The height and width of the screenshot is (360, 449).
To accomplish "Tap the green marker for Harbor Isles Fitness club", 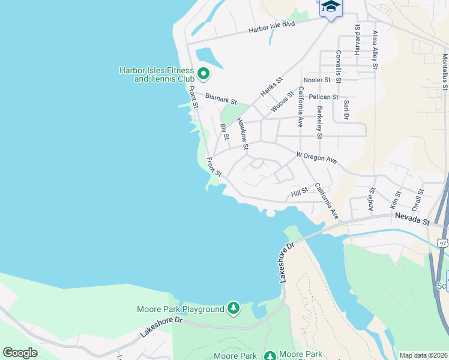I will [x=203, y=74].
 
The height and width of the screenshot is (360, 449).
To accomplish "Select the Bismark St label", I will [x=221, y=98].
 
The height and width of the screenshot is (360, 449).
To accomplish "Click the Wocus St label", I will [x=283, y=100].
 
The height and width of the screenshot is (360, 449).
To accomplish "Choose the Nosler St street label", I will [x=317, y=80].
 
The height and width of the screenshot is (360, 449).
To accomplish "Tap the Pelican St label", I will [x=323, y=97].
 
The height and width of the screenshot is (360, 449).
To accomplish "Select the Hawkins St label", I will [x=243, y=133].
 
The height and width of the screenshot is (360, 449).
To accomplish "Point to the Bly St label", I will [x=225, y=133].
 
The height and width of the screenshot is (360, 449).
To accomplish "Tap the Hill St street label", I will [x=299, y=192].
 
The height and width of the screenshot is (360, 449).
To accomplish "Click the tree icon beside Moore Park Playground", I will [x=234, y=309].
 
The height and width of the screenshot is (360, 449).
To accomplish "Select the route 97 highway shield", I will [x=442, y=243].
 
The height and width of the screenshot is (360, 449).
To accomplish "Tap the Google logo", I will [x=20, y=353].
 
